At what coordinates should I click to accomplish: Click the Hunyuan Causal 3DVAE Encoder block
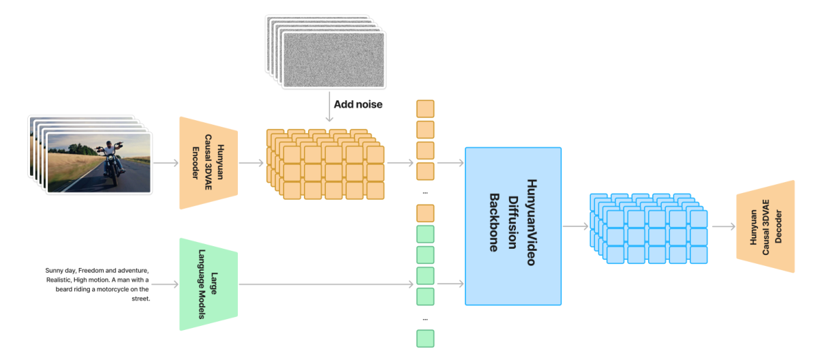coord(209,163)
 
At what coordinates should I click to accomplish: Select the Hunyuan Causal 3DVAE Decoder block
coord(765,226)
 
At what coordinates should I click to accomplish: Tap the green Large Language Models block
coord(209,284)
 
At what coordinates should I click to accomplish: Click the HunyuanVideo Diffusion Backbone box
coord(513,226)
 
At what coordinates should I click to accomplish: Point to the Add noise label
coord(358,104)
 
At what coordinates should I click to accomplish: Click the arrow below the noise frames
coord(329,106)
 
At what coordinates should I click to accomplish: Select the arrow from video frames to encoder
coord(166,163)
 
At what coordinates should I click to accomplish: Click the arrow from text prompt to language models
coord(165,284)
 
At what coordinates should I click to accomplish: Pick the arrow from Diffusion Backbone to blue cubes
coord(576,226)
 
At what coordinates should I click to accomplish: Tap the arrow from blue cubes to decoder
coord(724,226)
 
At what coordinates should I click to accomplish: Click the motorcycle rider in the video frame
coord(110,162)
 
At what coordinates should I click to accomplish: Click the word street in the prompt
coord(141,299)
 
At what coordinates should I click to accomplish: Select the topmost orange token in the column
coord(425,109)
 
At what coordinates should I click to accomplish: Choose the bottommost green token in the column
coord(425,339)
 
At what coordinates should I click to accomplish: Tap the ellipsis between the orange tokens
coord(425,193)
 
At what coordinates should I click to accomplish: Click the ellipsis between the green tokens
coord(425,319)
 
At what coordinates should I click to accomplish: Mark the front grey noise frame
coord(334,60)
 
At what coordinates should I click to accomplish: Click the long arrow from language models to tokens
coord(326,284)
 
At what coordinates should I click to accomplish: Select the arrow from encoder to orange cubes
coord(251,163)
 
